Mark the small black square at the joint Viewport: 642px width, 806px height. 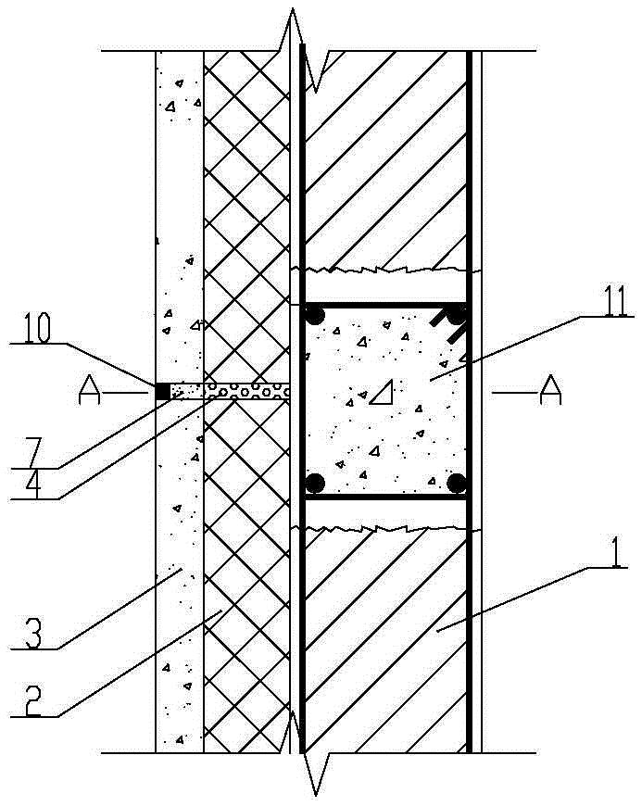tap(162, 392)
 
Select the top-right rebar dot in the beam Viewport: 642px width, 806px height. tap(455, 316)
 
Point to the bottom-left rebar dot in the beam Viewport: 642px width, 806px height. tap(316, 483)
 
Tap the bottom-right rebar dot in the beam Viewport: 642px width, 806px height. tap(455, 483)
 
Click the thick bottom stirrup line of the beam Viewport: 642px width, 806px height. tap(384, 497)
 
